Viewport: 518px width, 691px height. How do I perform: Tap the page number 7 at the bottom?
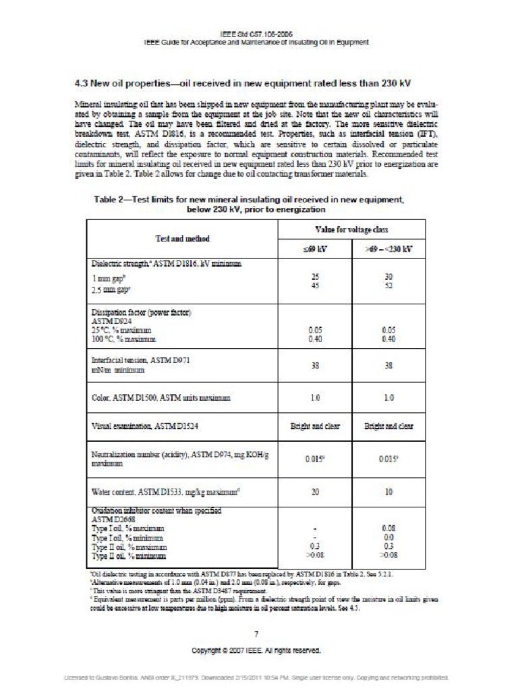click(256, 634)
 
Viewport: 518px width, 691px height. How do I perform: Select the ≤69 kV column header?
click(314, 249)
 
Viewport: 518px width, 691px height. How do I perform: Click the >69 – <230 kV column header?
click(388, 249)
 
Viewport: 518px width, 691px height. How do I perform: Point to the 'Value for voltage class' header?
click(351, 230)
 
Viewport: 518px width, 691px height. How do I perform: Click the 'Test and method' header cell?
click(183, 239)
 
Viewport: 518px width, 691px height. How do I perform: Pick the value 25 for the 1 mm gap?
click(314, 277)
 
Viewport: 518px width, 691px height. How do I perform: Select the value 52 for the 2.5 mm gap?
click(388, 285)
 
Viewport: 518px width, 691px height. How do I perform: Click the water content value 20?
click(314, 492)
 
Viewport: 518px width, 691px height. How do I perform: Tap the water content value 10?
click(388, 492)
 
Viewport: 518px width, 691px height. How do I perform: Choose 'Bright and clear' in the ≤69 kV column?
click(314, 426)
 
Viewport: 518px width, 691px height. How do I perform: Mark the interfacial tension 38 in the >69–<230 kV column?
click(388, 366)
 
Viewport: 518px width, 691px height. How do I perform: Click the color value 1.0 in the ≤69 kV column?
click(314, 398)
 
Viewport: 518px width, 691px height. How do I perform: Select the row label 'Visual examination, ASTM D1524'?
click(145, 426)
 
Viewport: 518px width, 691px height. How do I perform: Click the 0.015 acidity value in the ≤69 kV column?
click(314, 458)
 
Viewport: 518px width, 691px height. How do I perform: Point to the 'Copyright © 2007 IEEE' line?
click(256, 651)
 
